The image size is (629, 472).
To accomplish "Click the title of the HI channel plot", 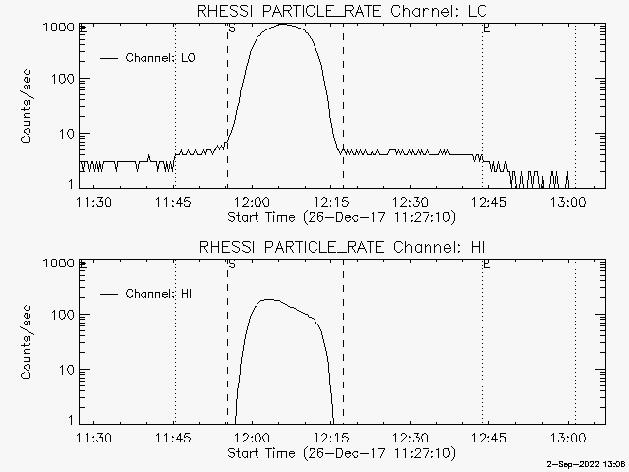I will (x=340, y=246).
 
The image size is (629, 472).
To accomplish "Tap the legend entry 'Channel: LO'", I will (x=161, y=58).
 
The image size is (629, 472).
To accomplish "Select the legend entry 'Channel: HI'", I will (x=161, y=294).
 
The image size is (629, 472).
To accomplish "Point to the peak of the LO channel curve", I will (x=283, y=24).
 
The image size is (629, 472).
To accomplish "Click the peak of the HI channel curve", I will (x=269, y=300).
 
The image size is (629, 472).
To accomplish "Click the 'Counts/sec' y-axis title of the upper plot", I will (x=29, y=107).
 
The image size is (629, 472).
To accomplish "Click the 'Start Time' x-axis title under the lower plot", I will (x=340, y=453).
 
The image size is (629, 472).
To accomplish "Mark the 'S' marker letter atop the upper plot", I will (x=231, y=29).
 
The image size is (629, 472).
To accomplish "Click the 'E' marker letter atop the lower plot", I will (x=486, y=265).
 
